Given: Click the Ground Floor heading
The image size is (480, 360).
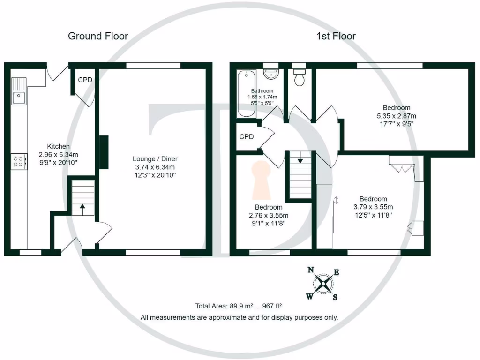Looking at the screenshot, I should tap(98, 36).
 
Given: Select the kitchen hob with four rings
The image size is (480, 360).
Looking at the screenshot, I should tap(19, 162).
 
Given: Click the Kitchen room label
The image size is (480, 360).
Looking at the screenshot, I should tap(58, 146).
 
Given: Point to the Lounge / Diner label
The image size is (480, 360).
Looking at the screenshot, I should tap(155, 158).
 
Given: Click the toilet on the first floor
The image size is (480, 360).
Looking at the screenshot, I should tap(299, 78).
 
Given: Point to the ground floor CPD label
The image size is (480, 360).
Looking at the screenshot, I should tap(85, 80).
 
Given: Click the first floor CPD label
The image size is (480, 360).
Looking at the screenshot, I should tap(246, 137).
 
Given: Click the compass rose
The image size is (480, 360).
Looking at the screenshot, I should tap(323, 283).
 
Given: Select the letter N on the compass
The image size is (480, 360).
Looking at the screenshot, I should tap(310, 270).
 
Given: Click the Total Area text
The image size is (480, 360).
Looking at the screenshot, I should tap(239, 306).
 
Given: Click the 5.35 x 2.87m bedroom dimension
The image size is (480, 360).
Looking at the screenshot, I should tap(390, 116).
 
